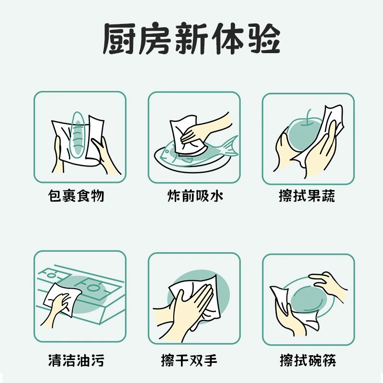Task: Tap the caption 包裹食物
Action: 77,196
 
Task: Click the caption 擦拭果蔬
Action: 307,196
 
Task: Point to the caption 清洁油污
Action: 77,359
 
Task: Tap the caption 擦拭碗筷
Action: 307,359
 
